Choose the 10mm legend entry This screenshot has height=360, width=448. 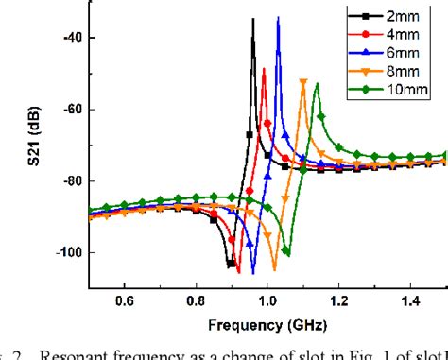(402, 90)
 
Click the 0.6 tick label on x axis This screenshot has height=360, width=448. (124, 301)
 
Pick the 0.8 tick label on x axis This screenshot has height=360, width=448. (196, 301)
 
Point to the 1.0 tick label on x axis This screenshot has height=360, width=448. (267, 301)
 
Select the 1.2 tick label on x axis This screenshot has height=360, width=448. (339, 301)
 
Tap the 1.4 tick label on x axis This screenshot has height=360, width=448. (411, 301)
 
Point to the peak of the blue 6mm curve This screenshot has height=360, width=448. (278, 18)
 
